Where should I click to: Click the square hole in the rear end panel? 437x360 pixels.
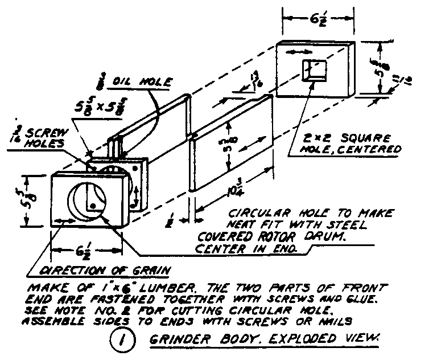[315, 70]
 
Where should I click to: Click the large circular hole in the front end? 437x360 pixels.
[89, 203]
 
